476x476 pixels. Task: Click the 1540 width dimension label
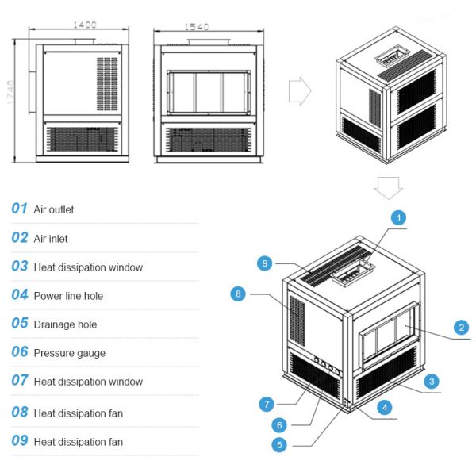click(x=197, y=27)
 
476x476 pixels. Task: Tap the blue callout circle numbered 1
click(x=399, y=217)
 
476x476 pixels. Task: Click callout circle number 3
click(x=431, y=382)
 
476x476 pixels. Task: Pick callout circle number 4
click(x=384, y=408)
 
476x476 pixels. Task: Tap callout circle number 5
click(x=279, y=445)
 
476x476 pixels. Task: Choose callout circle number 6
click(x=279, y=424)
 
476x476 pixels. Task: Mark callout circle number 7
click(x=266, y=404)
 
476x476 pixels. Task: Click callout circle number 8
click(x=237, y=294)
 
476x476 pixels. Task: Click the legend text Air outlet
click(x=54, y=209)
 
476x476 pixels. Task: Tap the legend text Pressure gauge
click(x=69, y=353)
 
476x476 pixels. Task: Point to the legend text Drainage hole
click(x=65, y=324)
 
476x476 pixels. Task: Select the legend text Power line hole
click(x=68, y=296)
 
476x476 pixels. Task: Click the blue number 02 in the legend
click(x=20, y=237)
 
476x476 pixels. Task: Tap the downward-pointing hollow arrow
click(x=389, y=189)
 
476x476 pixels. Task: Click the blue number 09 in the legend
click(x=20, y=440)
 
